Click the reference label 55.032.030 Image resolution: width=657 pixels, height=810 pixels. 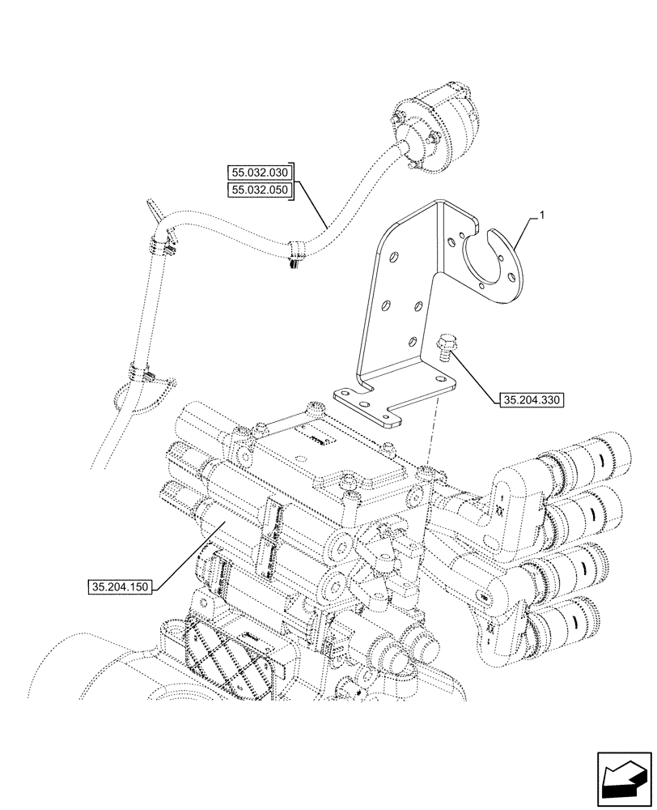click(259, 172)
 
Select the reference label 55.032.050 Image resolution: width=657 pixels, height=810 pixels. click(259, 190)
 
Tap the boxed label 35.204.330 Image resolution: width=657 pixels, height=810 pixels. click(531, 399)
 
